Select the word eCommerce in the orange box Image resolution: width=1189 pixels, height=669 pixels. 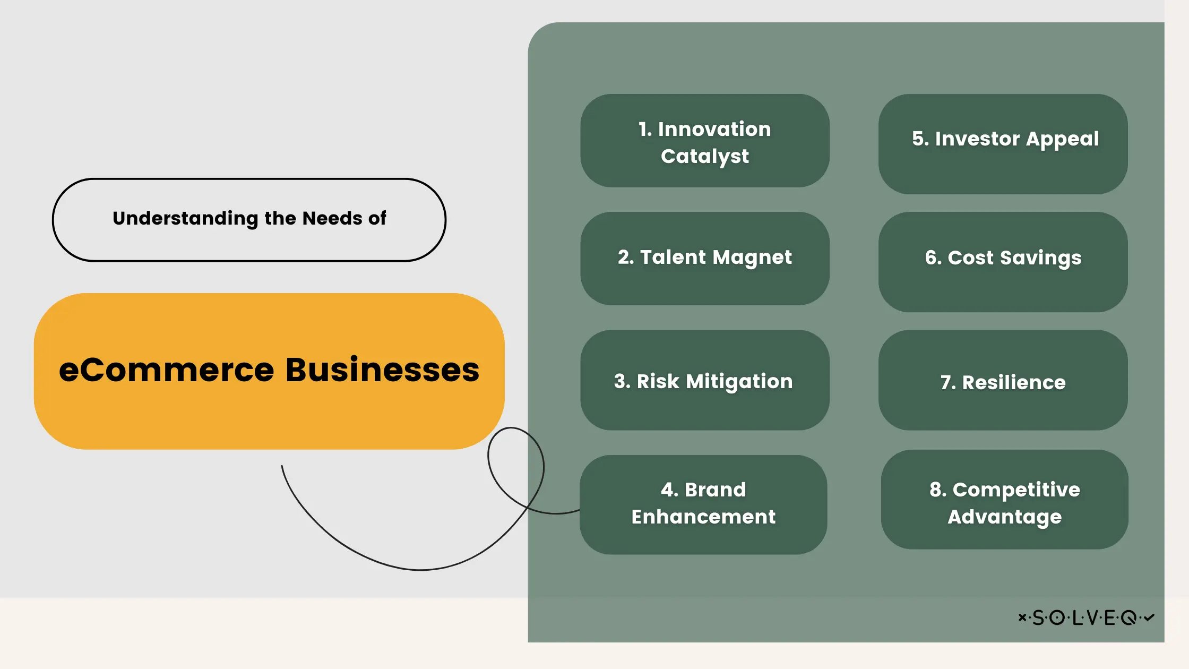pos(166,370)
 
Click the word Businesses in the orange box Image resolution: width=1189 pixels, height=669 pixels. pos(382,370)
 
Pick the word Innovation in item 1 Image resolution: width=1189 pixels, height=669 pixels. pos(714,130)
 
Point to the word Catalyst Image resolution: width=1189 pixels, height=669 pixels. pos(704,157)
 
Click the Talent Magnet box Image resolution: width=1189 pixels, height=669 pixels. pos(704,259)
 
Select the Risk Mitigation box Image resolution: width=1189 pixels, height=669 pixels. pos(704,381)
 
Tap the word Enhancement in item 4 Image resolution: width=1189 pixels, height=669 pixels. pos(703,517)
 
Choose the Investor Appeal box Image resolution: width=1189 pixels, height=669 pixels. pos(1003,144)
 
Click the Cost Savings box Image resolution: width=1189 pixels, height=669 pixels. pos(1003,262)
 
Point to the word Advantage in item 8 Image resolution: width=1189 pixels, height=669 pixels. pos(1004,517)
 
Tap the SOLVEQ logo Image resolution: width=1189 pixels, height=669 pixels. pos(1086,617)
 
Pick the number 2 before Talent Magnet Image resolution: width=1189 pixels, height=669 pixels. pos(625,258)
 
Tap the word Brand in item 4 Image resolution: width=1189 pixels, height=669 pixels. pos(715,490)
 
